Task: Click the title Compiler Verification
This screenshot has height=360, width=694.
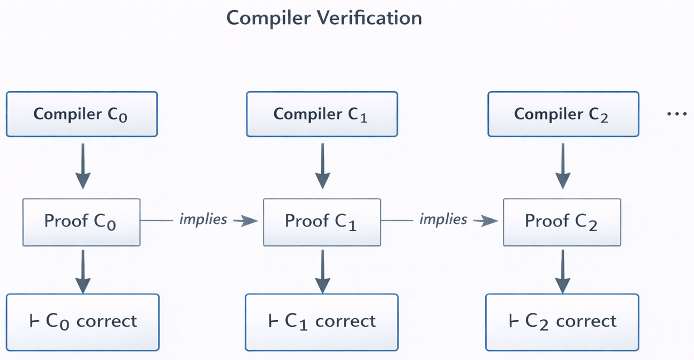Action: [324, 18]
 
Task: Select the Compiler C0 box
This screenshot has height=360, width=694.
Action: [81, 114]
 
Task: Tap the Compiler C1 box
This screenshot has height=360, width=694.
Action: [322, 114]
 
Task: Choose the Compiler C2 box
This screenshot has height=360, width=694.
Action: [563, 114]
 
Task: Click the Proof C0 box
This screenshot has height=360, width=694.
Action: [81, 221]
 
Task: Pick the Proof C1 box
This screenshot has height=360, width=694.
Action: [322, 221]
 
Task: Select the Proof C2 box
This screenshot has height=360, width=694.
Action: [562, 221]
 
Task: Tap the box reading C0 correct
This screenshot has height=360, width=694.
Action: [82, 321]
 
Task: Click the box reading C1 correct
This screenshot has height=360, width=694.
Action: [322, 321]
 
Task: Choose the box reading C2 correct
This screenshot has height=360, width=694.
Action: [562, 321]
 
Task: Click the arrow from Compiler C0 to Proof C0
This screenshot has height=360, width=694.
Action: [82, 166]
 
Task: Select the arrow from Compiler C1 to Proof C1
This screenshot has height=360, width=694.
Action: [322, 166]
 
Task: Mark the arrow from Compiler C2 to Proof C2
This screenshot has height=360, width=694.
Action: [562, 166]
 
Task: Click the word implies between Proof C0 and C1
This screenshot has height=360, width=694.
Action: [203, 219]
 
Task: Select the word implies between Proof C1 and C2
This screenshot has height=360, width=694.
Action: [443, 219]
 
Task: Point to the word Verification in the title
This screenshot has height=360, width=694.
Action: [369, 18]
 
